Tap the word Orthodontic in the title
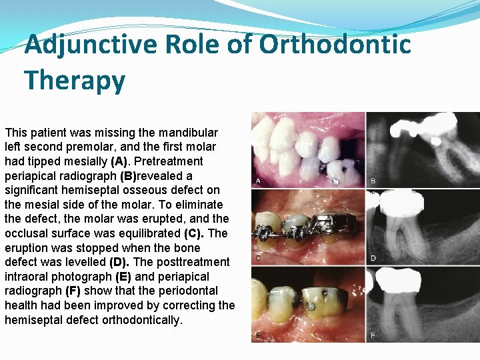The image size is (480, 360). (335, 45)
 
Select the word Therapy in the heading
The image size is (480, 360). (75, 81)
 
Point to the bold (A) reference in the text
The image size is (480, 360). (119, 161)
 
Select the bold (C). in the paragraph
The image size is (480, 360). (195, 233)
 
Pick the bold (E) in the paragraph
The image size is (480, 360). (123, 277)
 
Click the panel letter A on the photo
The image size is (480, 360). (258, 181)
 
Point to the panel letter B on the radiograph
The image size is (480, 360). (373, 181)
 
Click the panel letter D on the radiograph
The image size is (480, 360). (373, 258)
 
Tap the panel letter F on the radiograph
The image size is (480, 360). (373, 335)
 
